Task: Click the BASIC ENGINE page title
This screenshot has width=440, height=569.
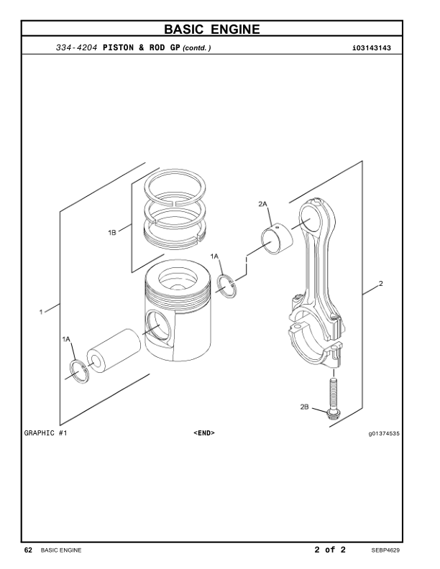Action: point(219,29)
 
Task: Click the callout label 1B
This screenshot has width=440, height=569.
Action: point(112,232)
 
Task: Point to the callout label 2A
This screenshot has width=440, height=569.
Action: point(263,204)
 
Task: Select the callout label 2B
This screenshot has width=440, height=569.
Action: point(305,407)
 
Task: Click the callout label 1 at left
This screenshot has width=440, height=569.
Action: point(42,311)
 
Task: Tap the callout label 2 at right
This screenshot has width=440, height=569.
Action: point(380,283)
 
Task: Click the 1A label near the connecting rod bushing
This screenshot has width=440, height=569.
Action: point(215,256)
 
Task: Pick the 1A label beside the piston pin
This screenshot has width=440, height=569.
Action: point(67,338)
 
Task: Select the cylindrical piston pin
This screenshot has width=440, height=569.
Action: point(115,349)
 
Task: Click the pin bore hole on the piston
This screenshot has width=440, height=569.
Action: point(157,328)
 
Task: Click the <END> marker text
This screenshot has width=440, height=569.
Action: point(204,433)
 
